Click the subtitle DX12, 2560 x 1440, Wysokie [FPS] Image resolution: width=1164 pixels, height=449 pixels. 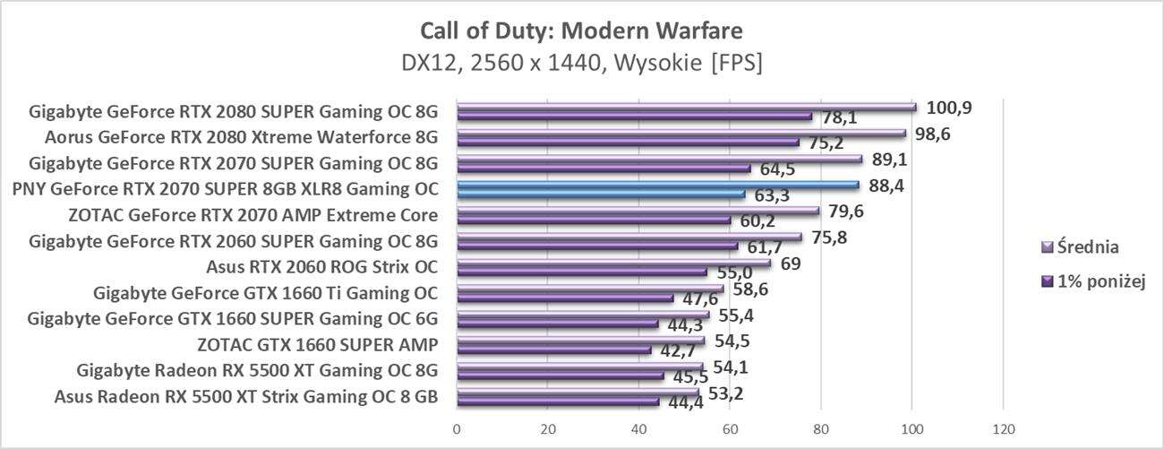(581, 64)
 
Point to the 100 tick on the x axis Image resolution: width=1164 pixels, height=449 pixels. (912, 427)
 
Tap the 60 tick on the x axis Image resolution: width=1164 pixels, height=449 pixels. (730, 427)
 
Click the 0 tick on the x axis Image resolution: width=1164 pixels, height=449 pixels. (457, 427)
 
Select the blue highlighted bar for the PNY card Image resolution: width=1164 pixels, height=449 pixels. (657, 186)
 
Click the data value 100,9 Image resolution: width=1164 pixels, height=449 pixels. (949, 108)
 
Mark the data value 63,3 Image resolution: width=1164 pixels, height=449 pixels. (771, 194)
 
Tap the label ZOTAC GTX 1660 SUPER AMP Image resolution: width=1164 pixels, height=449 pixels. (317, 345)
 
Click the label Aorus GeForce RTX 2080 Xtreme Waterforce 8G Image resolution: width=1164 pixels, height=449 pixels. (241, 138)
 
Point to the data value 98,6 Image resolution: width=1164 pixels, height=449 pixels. (937, 134)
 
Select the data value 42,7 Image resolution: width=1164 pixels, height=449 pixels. (679, 350)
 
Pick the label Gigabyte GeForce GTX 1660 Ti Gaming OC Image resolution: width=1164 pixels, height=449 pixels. (265, 293)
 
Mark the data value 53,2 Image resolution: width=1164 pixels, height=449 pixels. (726, 393)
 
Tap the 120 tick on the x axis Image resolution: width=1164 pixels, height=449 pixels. (1003, 427)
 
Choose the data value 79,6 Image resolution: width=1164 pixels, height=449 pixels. (847, 212)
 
